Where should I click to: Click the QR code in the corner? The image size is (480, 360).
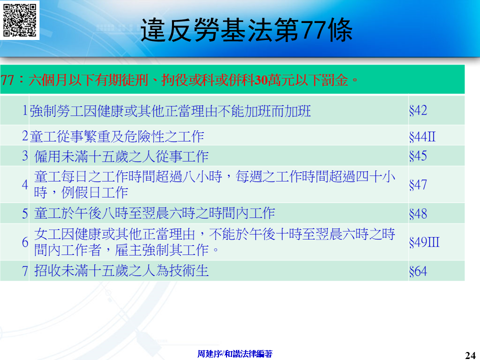[19, 19]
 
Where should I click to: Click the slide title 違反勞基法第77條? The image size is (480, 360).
[246, 29]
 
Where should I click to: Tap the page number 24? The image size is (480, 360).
[470, 355]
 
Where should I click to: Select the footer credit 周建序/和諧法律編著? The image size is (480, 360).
[235, 354]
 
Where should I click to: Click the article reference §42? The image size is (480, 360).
[418, 110]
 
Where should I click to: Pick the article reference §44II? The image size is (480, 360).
[422, 136]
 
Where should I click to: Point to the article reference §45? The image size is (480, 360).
[418, 156]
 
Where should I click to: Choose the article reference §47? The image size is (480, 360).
[418, 184]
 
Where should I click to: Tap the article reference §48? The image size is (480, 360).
[418, 213]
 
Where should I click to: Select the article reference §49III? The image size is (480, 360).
[424, 242]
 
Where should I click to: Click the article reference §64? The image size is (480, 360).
[418, 271]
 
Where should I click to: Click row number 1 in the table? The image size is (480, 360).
[25, 110]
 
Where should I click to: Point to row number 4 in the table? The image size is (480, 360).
[25, 184]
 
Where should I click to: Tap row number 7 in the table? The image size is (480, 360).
[25, 271]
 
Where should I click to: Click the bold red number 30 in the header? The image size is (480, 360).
[261, 80]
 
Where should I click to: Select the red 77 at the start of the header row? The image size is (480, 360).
[7, 80]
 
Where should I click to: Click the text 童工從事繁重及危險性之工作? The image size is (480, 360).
[117, 136]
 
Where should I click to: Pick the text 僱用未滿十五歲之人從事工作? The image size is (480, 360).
[121, 156]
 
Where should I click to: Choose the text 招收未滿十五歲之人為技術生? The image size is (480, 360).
[121, 271]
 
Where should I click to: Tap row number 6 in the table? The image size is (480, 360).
[25, 242]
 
